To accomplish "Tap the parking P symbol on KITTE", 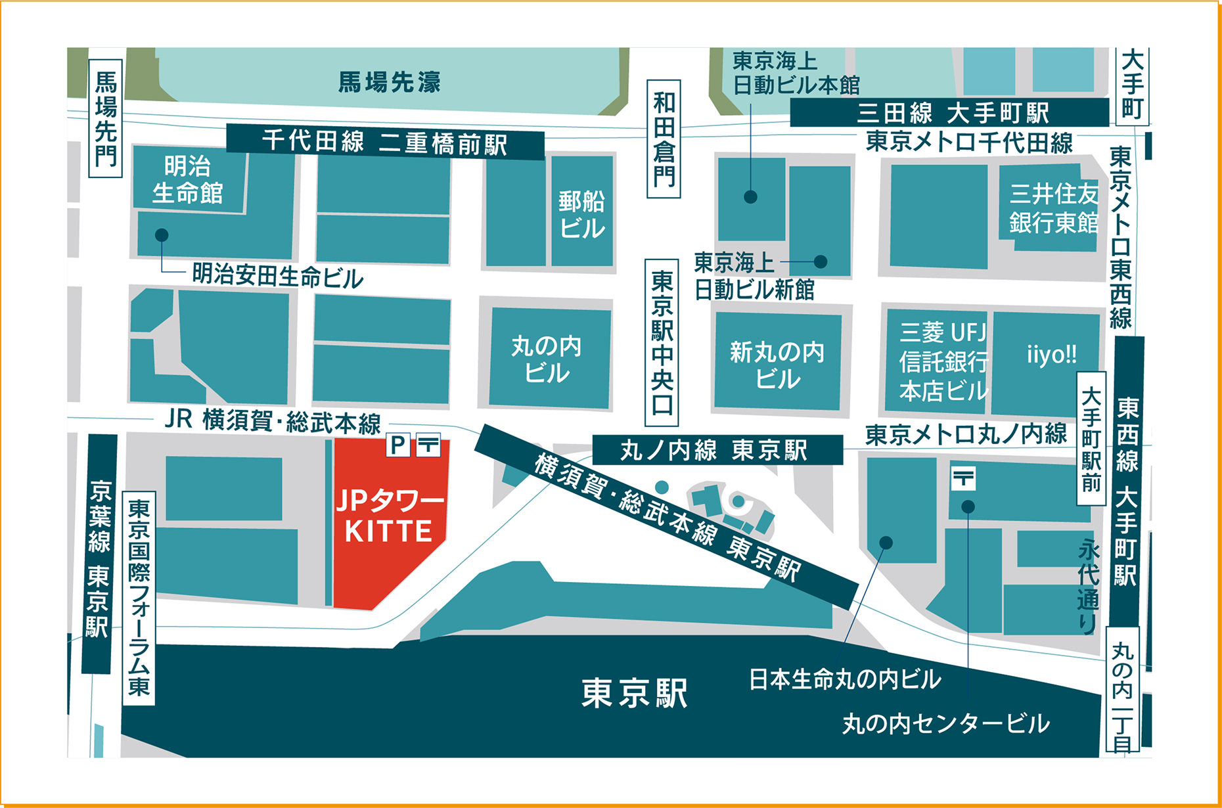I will pos(397,445).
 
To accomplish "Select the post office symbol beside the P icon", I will pos(428,445).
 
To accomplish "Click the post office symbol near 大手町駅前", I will pos(963,478).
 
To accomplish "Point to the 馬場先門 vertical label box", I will pos(105,119).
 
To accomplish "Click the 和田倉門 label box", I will pos(664,139).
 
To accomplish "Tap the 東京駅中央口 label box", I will pos(662,342).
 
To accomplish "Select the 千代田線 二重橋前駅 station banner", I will pos(385,142).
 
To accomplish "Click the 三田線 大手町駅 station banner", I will pos(949,113).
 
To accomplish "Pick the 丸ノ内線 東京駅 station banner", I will pos(717,451).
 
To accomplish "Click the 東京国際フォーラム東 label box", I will pos(139,598).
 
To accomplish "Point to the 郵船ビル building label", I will pos(581,214).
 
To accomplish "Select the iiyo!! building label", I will pos(1051,355).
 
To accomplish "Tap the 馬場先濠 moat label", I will pos(389,82).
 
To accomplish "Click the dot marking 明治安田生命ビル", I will pos(162,235).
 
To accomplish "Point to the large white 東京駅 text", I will pos(634,693).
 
